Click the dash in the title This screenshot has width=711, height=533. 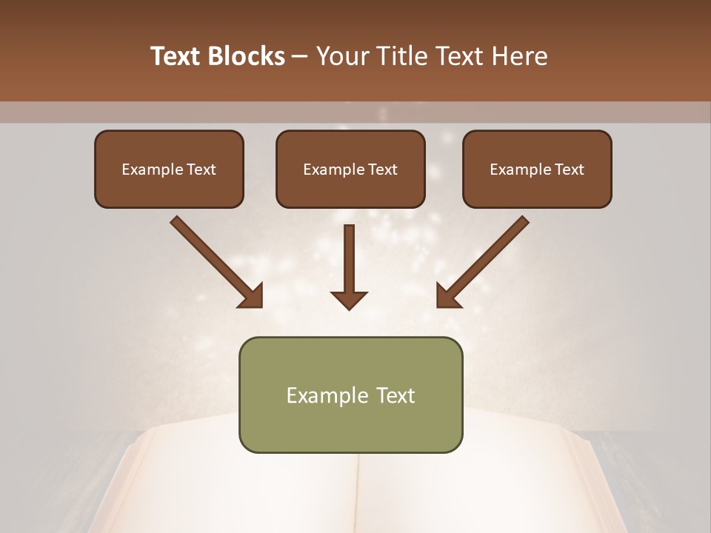301,57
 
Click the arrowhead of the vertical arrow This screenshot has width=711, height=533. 349,300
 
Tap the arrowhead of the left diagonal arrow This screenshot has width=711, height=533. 252,295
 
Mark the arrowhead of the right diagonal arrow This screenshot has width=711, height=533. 447,295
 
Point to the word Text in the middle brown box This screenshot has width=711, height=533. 381,170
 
